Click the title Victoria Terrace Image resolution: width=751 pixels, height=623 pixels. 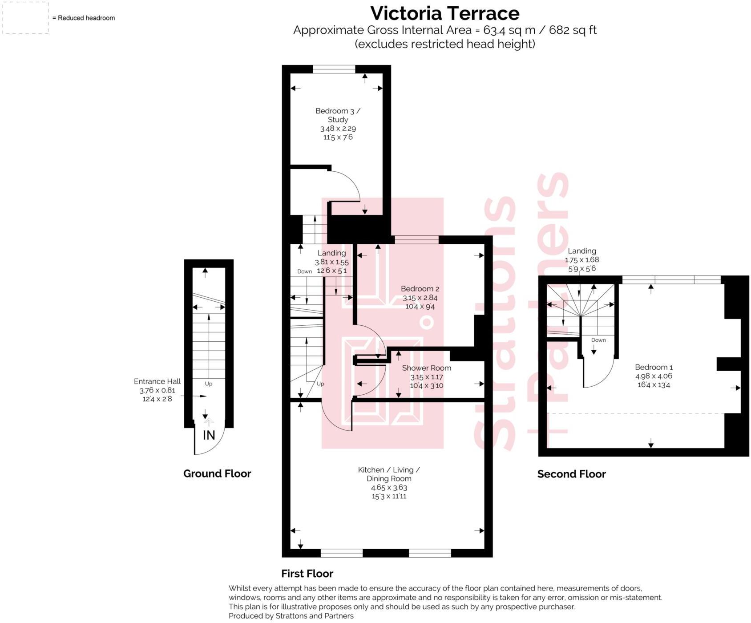pos(444,13)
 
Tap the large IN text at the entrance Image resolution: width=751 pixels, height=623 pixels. pos(209,435)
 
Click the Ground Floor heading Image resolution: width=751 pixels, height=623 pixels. pos(217,473)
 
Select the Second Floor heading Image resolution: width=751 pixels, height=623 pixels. pos(571,474)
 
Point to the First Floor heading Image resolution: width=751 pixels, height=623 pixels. pos(307,573)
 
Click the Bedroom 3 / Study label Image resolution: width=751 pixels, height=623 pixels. pos(338,115)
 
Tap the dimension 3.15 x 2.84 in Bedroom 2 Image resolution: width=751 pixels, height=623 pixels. pos(420,297)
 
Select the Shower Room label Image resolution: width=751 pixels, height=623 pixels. pos(426,368)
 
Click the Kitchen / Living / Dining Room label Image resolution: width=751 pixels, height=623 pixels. pos(389,474)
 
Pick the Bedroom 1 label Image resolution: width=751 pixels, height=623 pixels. pos(653,367)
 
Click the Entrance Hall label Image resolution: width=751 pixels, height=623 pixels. pos(157,381)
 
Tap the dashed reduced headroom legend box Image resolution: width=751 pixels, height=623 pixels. pos(25,18)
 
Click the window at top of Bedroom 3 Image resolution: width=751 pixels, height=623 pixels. pos(334,69)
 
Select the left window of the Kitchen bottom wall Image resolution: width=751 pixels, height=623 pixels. pos(341,553)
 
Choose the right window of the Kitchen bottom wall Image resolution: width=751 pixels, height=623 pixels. pos(430,553)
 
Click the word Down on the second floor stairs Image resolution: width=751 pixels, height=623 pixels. pos(598,340)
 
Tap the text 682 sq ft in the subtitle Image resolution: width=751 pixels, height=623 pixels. pos(573,30)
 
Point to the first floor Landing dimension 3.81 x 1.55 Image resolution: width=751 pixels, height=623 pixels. pos(331,262)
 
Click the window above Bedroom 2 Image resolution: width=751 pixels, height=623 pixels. pos(416,239)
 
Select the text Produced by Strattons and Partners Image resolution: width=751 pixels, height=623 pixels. pos(291,616)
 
